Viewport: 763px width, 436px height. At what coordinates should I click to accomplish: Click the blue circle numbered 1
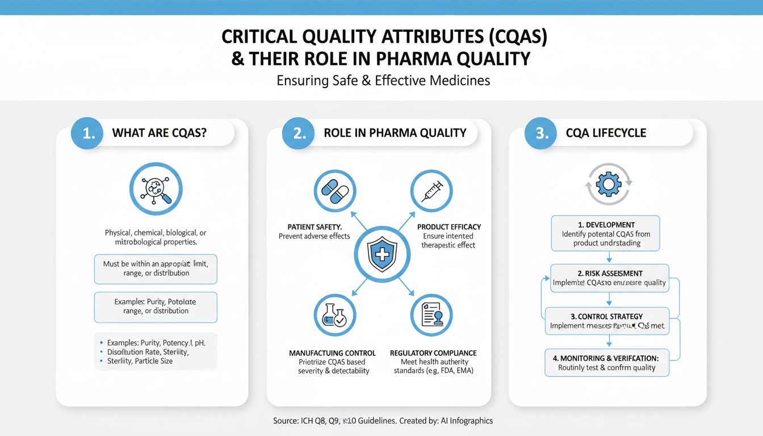coord(87,133)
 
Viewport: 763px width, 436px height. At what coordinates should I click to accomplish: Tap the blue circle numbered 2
coord(298,133)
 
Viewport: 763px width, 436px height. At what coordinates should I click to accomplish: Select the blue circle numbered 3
coord(541,133)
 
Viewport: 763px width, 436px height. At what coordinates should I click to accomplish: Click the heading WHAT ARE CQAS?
coord(159,133)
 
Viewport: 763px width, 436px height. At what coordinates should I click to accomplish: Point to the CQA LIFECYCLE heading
coord(606,133)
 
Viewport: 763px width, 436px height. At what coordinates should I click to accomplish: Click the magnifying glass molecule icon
coord(156,188)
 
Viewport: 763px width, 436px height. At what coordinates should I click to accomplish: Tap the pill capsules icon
coord(334,191)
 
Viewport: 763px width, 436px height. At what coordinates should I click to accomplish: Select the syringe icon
coord(431,191)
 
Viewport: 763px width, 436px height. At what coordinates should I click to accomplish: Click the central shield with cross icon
coord(383,253)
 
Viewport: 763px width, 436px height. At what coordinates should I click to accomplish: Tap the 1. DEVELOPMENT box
coord(606,233)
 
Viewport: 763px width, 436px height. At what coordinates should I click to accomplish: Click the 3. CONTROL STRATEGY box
coord(606,321)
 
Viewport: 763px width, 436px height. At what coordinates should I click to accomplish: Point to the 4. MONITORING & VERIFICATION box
coord(606,363)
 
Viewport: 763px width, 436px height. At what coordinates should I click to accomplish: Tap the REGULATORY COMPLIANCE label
coord(433,353)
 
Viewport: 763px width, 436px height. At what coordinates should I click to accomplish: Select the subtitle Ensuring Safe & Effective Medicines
coord(383,81)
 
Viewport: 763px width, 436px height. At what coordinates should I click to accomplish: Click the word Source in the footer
coord(285,421)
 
